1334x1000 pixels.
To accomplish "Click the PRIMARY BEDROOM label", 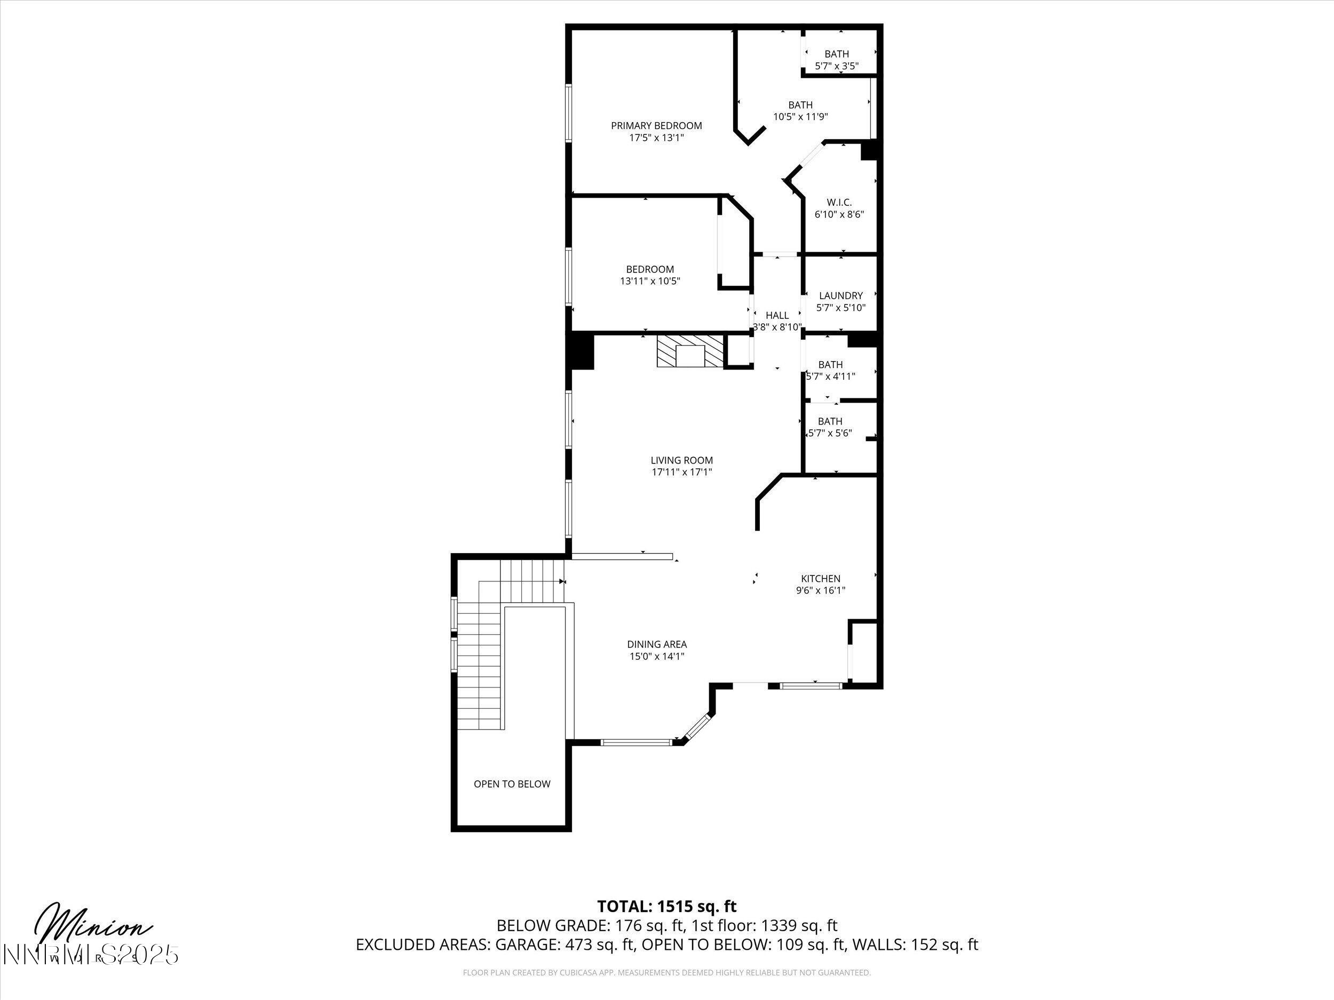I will tap(656, 125).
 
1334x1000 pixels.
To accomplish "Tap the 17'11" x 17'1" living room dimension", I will tap(681, 472).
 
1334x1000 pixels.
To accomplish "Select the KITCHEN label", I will tap(820, 578).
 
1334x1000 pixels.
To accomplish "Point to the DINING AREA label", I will tap(657, 644).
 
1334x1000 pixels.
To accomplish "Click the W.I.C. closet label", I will tap(839, 203).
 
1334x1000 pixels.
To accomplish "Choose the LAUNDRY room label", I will tap(840, 295).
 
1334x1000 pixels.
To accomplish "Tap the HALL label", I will tap(777, 315).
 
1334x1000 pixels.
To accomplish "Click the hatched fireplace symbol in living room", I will tap(689, 351).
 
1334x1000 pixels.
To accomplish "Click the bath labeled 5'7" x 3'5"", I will tap(837, 60).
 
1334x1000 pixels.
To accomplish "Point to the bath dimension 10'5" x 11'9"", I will tap(800, 117).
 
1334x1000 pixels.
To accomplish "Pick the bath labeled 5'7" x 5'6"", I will tap(830, 427).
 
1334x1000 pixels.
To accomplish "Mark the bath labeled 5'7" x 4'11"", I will tap(830, 370).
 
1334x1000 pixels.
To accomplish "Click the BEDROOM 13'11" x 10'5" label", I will tap(649, 275).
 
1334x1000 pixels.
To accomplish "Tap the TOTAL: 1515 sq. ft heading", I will tap(666, 906).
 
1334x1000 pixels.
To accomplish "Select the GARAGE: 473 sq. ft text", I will tap(565, 945).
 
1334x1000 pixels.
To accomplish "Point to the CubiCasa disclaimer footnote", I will tap(666, 972).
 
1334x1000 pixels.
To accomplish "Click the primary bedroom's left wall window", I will tap(568, 113).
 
